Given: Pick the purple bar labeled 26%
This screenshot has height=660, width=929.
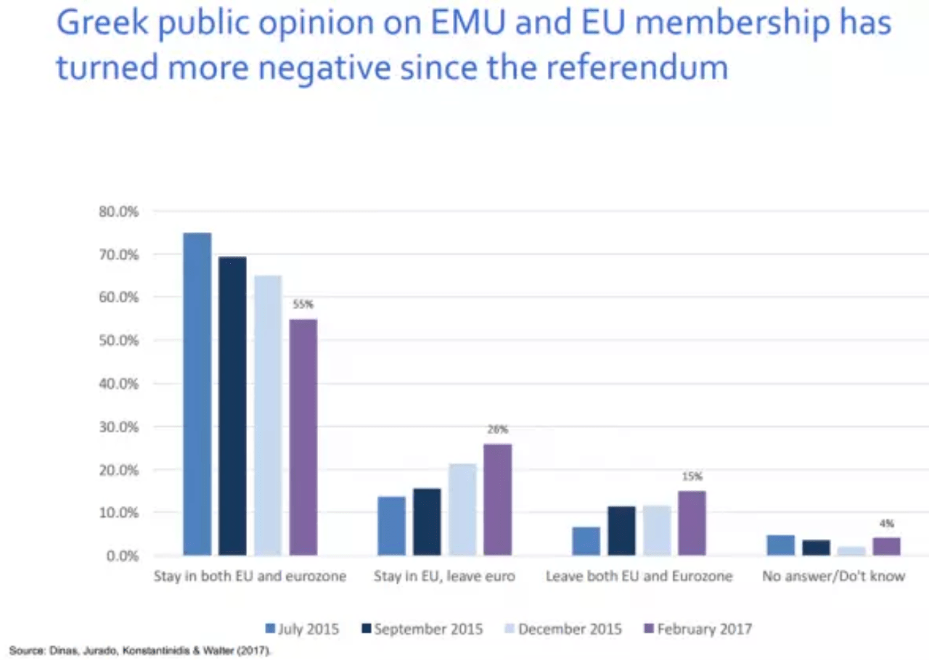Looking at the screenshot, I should click(498, 500).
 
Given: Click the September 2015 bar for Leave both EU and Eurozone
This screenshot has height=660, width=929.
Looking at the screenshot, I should click(621, 531).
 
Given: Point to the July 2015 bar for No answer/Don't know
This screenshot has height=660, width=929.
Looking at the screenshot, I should click(780, 545).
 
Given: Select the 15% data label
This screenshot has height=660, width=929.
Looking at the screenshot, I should click(692, 477).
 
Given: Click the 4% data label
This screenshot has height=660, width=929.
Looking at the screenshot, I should click(887, 523).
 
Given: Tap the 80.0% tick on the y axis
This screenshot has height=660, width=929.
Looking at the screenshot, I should click(118, 212).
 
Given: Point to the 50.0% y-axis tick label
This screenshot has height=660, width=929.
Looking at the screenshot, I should click(118, 341).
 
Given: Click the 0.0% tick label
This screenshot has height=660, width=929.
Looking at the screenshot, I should click(120, 556).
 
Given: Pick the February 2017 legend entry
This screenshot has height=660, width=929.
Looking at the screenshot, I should click(697, 629).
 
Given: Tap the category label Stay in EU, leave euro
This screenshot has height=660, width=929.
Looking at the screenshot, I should click(444, 577).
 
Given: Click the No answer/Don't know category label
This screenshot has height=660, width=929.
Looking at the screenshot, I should click(833, 577).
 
